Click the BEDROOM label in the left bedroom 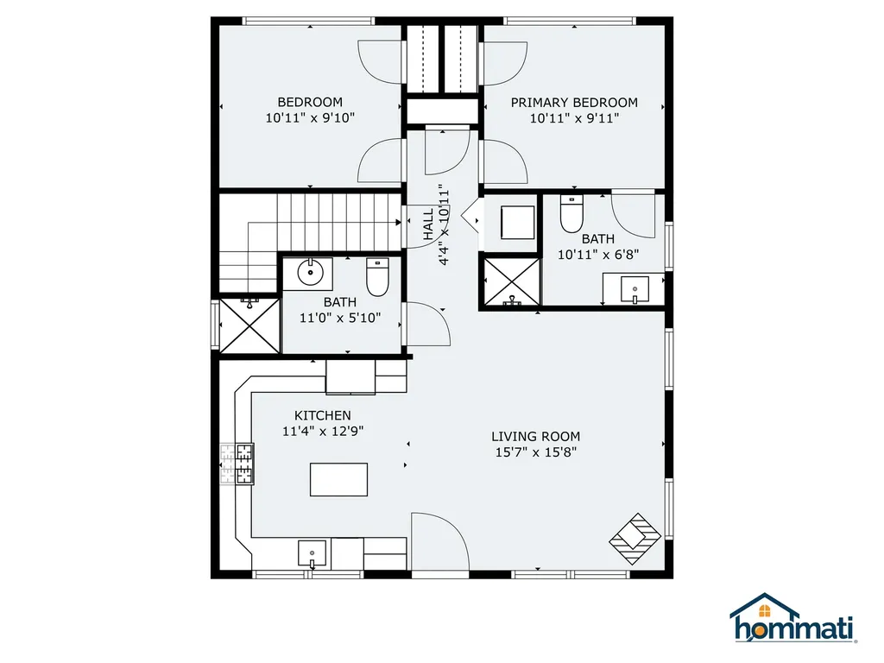click(310, 102)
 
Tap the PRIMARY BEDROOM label click(574, 103)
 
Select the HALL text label click(428, 224)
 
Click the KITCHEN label click(323, 415)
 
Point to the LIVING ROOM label click(535, 436)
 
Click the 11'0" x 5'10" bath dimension click(340, 318)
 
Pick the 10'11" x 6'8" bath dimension click(598, 255)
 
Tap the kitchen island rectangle click(338, 479)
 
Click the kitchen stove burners click(237, 464)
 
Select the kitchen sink click(312, 553)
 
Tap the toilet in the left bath click(378, 277)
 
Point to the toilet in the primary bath click(571, 214)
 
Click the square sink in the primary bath click(635, 289)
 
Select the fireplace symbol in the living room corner click(635, 539)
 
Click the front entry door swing click(440, 541)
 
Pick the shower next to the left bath click(249, 326)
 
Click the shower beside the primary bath click(512, 281)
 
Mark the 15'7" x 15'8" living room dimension click(535, 452)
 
